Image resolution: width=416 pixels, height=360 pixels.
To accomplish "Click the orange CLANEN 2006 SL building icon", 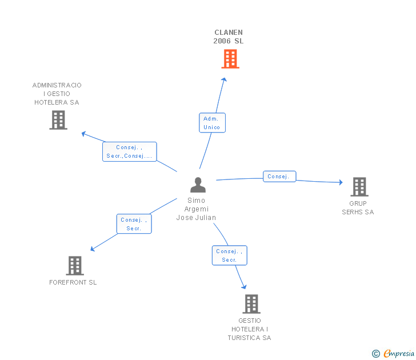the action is [x=230, y=59].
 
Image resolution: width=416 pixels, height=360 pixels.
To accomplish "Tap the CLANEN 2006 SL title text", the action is [x=229, y=37].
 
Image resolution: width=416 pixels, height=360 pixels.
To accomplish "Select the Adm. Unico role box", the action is [x=212, y=122].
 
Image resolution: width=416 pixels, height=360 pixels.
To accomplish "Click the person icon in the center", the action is [x=198, y=185].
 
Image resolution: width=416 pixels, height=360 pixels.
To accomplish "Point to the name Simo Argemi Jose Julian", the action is [x=197, y=209].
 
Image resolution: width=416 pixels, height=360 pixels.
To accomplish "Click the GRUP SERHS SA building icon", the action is [x=359, y=187].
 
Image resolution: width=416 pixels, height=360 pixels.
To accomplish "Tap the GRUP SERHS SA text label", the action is [x=358, y=208].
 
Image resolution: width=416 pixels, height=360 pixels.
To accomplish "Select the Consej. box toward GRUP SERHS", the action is [x=279, y=177].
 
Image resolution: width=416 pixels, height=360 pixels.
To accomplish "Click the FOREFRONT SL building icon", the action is [x=75, y=266].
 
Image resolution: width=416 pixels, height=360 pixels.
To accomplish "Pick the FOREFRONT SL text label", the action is [x=73, y=282].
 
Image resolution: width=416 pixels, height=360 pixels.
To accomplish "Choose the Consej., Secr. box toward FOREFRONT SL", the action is [x=134, y=223].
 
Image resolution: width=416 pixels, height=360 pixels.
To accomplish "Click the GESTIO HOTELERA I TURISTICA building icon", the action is [x=251, y=304].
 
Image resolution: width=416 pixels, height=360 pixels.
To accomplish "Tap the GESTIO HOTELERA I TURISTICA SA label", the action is [x=249, y=329].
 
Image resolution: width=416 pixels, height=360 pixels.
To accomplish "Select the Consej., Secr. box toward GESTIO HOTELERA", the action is [x=230, y=255].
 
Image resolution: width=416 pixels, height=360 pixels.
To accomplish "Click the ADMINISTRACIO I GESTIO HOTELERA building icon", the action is [x=58, y=120].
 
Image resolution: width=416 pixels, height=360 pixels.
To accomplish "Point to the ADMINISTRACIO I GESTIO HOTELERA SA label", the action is [x=57, y=94].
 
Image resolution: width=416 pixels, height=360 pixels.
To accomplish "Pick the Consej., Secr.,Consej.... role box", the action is [x=130, y=151].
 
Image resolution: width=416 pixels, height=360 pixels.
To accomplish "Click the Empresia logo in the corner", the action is [x=393, y=353].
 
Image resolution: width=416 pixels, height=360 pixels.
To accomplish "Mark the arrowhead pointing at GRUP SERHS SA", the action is [x=341, y=182].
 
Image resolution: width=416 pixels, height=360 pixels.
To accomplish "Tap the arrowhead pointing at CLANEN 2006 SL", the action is [x=224, y=79].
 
